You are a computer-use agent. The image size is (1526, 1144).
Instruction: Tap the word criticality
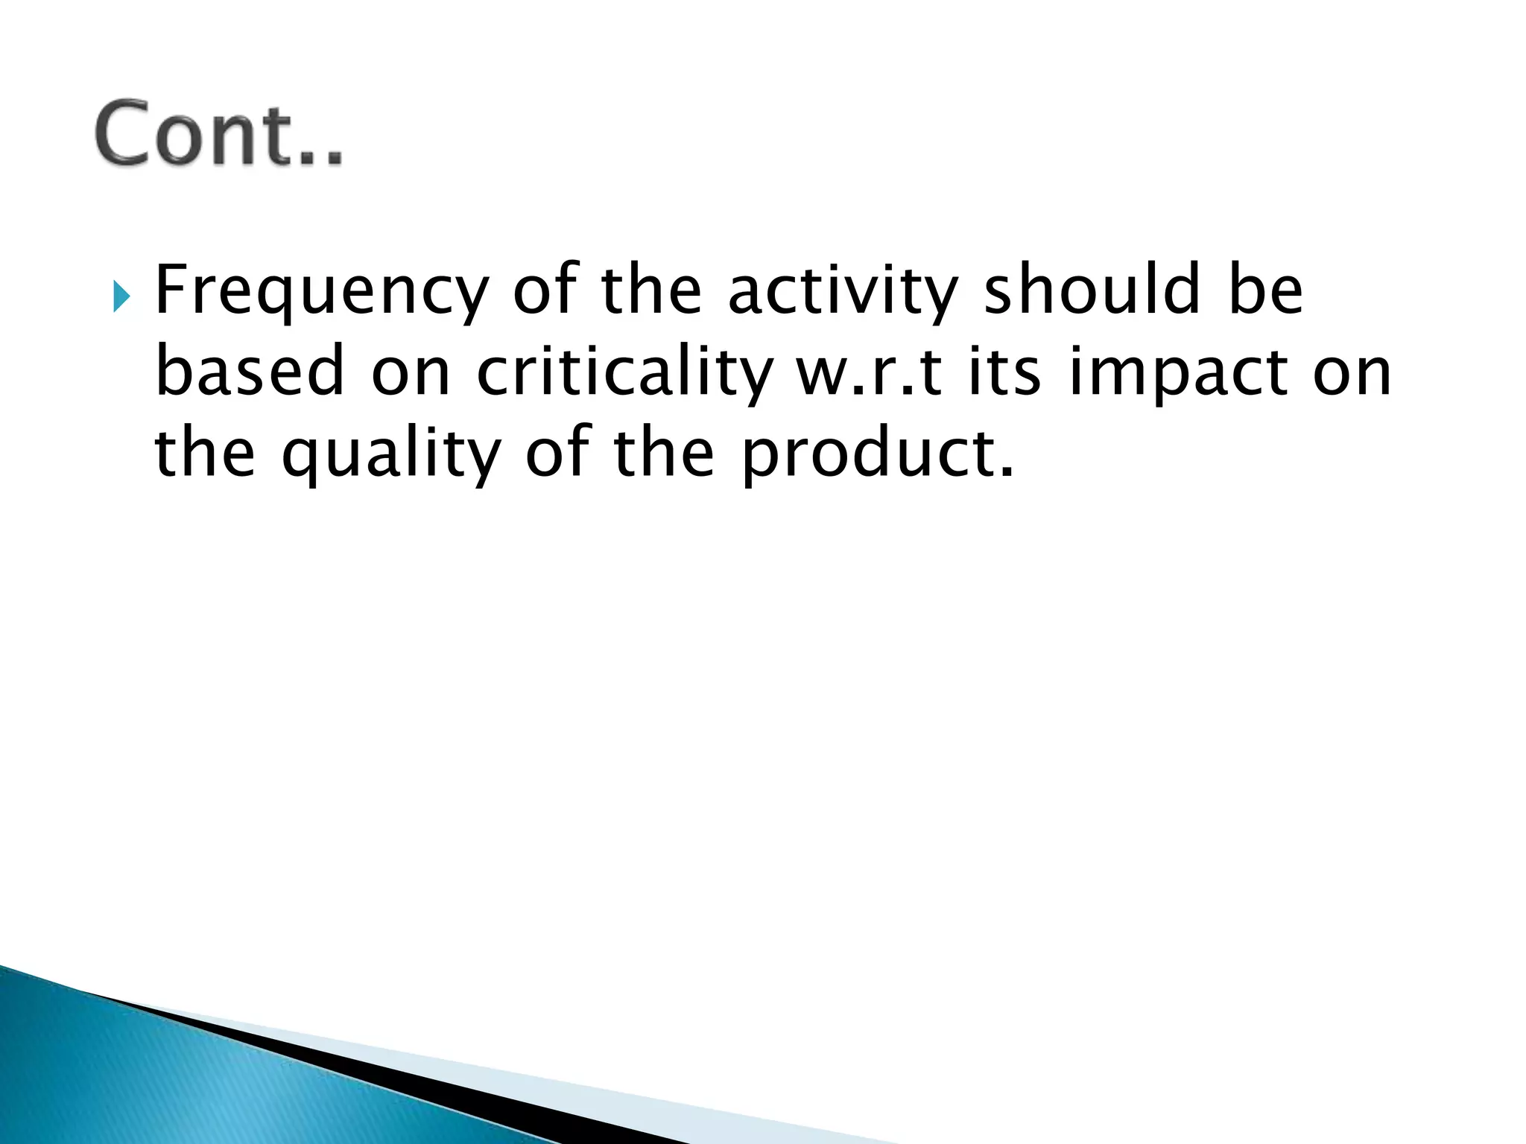tap(623, 375)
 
